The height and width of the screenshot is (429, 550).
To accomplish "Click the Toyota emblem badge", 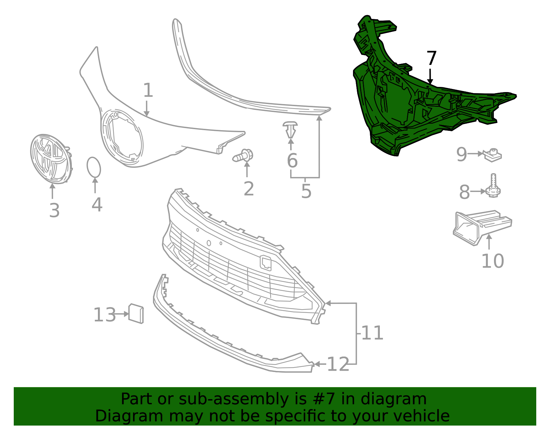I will pos(51,159).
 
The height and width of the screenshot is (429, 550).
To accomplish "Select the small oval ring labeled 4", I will pos(93,168).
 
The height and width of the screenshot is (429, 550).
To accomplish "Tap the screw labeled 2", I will pos(244,156).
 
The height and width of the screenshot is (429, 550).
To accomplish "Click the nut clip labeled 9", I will pos(493,155).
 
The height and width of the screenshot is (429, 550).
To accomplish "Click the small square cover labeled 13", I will pos(136,313).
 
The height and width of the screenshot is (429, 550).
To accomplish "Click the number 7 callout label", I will pos(431,58).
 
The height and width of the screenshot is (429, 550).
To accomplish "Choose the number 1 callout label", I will pos(148,90).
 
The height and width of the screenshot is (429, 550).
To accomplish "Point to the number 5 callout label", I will pos(306,191).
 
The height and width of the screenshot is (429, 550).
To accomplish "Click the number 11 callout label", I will pos(372,333).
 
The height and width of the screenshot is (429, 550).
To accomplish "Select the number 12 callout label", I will pos(338,364).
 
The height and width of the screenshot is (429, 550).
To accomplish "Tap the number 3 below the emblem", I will pos(54,210).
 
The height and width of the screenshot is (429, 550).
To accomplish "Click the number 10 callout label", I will pos(492,261).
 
